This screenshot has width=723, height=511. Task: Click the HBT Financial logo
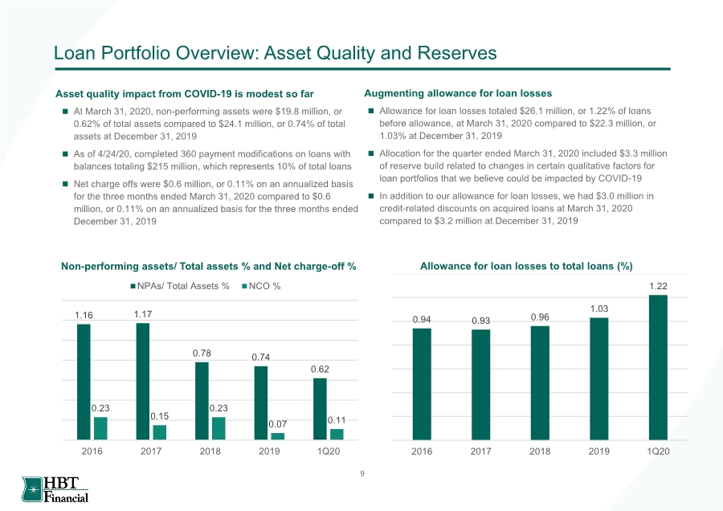tap(55, 489)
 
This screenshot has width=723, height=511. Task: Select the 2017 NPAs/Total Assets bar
tap(143, 382)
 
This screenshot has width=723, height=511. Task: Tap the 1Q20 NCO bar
tap(337, 435)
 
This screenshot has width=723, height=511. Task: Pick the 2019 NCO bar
tap(278, 436)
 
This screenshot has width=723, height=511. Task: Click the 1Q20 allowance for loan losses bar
tap(658, 367)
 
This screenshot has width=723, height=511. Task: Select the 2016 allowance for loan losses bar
tap(422, 384)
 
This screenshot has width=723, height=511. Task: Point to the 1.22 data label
tap(658, 286)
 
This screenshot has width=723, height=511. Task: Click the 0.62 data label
tap(320, 369)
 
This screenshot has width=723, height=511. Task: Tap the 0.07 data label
tap(278, 424)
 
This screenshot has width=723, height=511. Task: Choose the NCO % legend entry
tap(261, 286)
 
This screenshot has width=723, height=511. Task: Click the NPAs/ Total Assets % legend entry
tap(180, 286)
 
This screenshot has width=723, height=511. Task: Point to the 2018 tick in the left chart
tap(210, 451)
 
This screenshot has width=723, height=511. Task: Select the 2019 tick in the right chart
tap(599, 451)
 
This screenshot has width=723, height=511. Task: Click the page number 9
tap(362, 474)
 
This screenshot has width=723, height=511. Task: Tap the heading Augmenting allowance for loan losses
tap(458, 93)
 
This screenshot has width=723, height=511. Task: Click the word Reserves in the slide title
tap(457, 52)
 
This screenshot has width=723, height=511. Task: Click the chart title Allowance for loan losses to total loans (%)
tap(526, 266)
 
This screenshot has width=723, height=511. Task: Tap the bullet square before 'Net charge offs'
tap(65, 184)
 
